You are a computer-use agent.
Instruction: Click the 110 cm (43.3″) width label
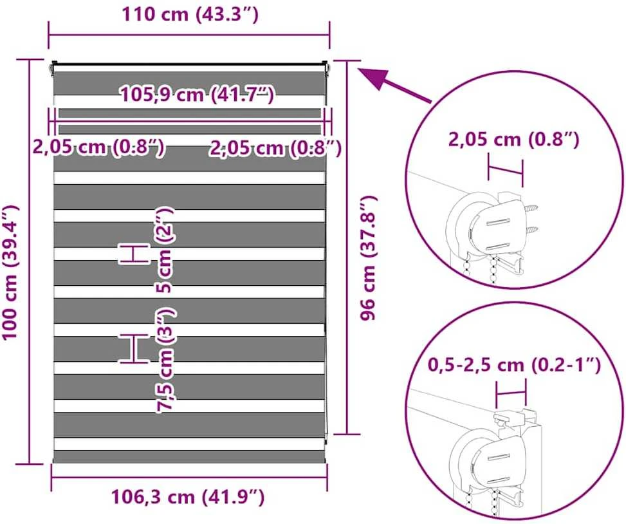pos(190,14)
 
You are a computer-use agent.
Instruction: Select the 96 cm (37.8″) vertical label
pos(368,258)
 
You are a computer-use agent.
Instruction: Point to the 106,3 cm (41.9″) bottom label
pos(188,497)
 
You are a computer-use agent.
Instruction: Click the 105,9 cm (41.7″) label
pos(198,95)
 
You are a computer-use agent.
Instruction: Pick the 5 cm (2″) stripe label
pos(164,250)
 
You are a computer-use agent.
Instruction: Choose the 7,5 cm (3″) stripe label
pos(165,360)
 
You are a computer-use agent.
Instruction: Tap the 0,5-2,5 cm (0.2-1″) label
pos(514,364)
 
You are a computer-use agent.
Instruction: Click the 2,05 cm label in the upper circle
pos(513,140)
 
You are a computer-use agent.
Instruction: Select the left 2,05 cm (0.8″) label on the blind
pos(98,147)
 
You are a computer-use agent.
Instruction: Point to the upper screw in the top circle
pos(531,209)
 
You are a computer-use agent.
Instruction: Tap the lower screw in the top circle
pos(531,229)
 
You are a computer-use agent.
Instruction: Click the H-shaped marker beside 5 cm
pos(134,254)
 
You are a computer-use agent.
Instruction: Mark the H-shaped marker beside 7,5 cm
pos(134,349)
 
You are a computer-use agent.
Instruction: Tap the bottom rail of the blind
pos(190,457)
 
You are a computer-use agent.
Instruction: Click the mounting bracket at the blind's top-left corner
pos(53,69)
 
